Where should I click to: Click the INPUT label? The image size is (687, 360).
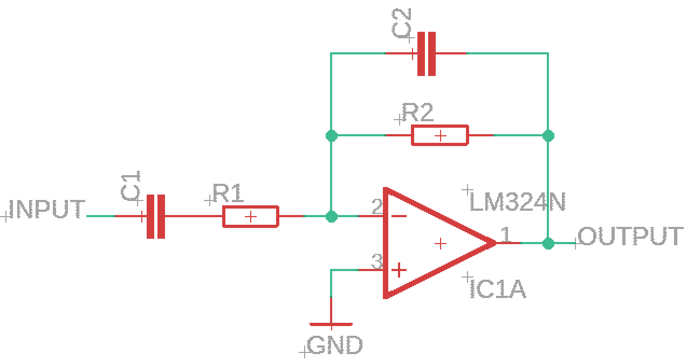tap(46, 209)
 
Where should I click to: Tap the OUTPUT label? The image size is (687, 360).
tap(631, 236)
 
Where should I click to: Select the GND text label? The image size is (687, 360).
tap(335, 345)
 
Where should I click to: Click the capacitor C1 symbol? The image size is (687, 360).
tap(156, 216)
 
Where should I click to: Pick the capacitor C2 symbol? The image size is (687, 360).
tap(427, 53)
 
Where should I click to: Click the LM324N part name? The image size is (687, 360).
tap(517, 202)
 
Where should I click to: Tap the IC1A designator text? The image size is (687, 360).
tap(498, 289)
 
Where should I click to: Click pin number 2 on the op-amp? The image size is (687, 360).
tap(377, 206)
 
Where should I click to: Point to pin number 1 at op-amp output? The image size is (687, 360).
tap(506, 234)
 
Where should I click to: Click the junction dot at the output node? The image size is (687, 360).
tap(548, 244)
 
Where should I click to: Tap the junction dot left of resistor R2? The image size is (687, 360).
tap(332, 136)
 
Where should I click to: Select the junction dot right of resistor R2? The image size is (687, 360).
tap(548, 136)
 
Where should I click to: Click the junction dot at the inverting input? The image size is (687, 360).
tap(332, 217)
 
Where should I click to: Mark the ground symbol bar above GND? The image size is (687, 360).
tap(331, 324)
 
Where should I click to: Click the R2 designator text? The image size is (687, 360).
tap(418, 112)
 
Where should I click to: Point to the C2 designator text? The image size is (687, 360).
tap(401, 23)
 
